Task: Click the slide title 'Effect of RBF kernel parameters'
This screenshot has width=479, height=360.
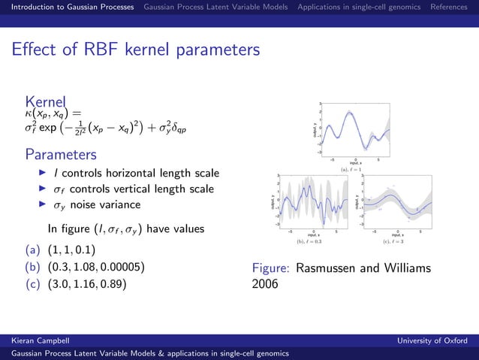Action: pos(135,50)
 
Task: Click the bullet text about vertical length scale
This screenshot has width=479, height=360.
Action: pos(131,189)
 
